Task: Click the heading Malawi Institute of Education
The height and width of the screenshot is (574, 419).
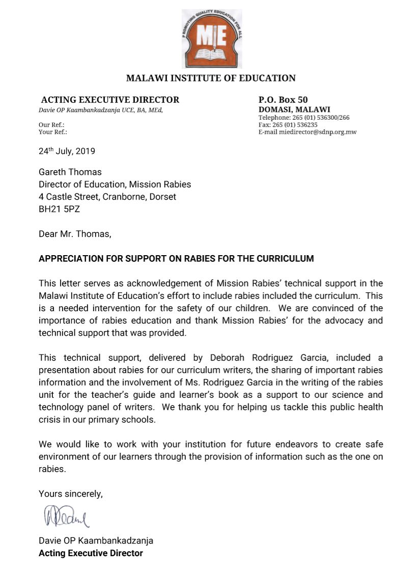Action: click(211, 78)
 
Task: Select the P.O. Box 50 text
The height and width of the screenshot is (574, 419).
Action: click(283, 100)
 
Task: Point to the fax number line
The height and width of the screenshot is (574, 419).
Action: click(288, 125)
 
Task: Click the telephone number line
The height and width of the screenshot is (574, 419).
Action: click(304, 118)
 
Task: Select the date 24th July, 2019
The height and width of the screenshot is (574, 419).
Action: click(67, 151)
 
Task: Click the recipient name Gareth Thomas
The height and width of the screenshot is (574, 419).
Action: click(70, 172)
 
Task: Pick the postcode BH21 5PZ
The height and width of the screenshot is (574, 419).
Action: click(59, 209)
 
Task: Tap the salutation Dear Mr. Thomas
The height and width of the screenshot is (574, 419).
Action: click(74, 234)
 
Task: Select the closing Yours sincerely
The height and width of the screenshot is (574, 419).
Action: click(70, 494)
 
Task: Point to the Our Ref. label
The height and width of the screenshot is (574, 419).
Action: click(51, 125)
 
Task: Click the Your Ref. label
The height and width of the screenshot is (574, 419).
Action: click(53, 132)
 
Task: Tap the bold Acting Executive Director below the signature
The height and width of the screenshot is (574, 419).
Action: click(91, 553)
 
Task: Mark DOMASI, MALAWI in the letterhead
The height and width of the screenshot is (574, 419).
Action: click(294, 110)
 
